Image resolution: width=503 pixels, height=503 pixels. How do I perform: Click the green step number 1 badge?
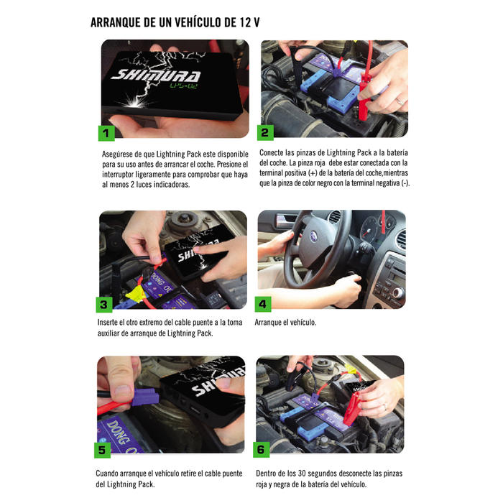(106, 133)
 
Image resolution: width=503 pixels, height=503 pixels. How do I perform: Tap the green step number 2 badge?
(265, 132)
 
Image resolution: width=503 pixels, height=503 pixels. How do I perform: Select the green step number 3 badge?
(104, 305)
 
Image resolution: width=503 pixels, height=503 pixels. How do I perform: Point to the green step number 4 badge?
(263, 304)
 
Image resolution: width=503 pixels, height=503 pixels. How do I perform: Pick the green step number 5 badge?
(102, 450)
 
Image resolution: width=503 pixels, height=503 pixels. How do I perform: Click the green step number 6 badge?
(261, 449)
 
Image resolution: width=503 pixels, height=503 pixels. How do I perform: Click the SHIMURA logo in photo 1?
(156, 75)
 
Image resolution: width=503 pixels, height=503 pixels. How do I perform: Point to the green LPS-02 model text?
(184, 86)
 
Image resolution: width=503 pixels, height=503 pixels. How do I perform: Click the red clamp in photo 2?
(364, 96)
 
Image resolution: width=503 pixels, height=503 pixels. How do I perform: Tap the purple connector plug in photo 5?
(145, 397)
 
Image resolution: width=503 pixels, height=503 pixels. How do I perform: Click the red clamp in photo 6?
(353, 408)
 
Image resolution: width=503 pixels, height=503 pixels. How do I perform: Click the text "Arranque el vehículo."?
(285, 323)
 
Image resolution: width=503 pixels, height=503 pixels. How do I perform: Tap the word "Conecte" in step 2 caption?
(271, 152)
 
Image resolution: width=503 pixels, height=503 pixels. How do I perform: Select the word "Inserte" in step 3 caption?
(108, 323)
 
